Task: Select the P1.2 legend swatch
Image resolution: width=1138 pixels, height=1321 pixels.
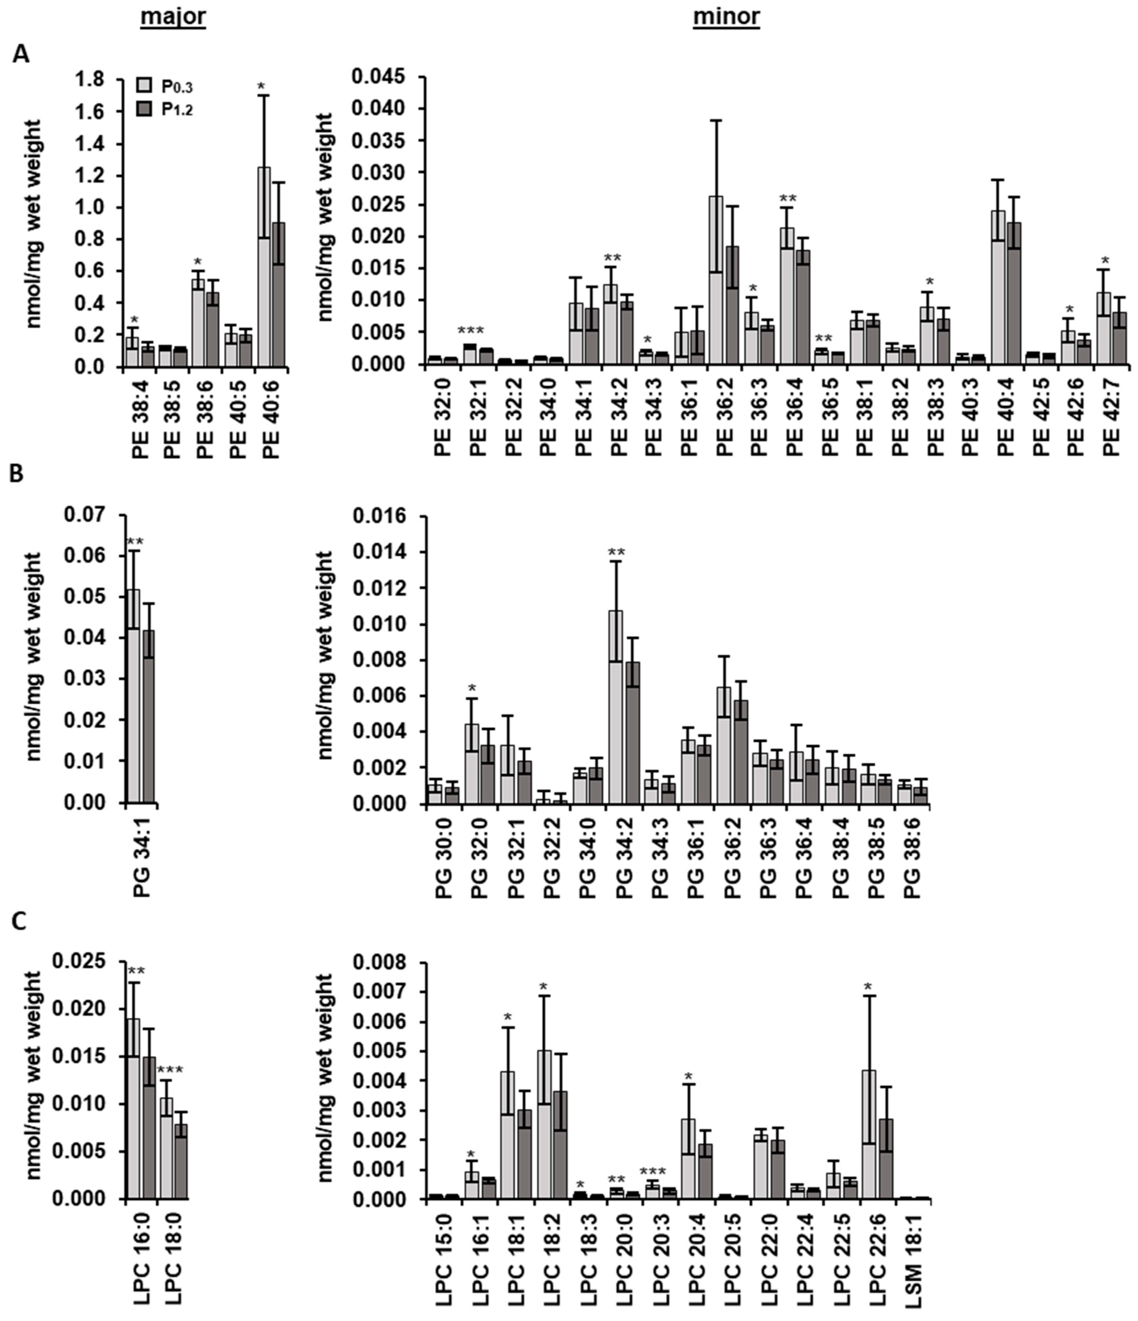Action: (x=145, y=110)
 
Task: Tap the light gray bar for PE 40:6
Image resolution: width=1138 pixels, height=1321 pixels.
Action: (x=263, y=268)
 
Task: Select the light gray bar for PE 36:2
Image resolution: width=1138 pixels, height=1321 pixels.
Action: (x=716, y=280)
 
